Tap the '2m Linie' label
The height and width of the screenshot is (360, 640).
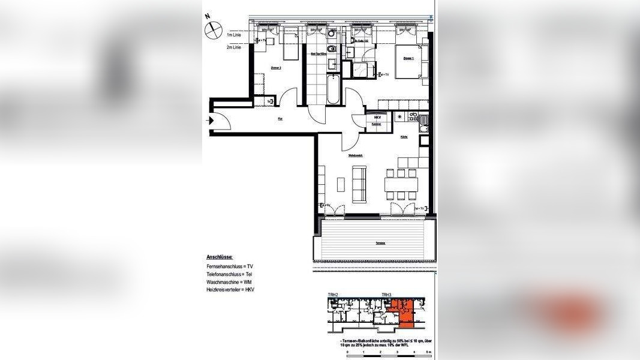(x=235, y=47)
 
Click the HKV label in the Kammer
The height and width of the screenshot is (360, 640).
(x=377, y=117)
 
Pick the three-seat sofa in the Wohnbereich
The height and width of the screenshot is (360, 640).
(x=359, y=184)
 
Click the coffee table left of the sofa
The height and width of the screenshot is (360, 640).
(x=341, y=184)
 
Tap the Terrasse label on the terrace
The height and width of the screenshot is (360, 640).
(x=380, y=243)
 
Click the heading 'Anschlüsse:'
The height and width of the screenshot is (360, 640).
(x=220, y=256)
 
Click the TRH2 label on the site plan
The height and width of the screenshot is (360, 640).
(x=333, y=295)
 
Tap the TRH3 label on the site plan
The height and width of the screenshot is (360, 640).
(x=386, y=295)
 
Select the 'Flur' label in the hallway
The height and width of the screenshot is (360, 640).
(x=280, y=119)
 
